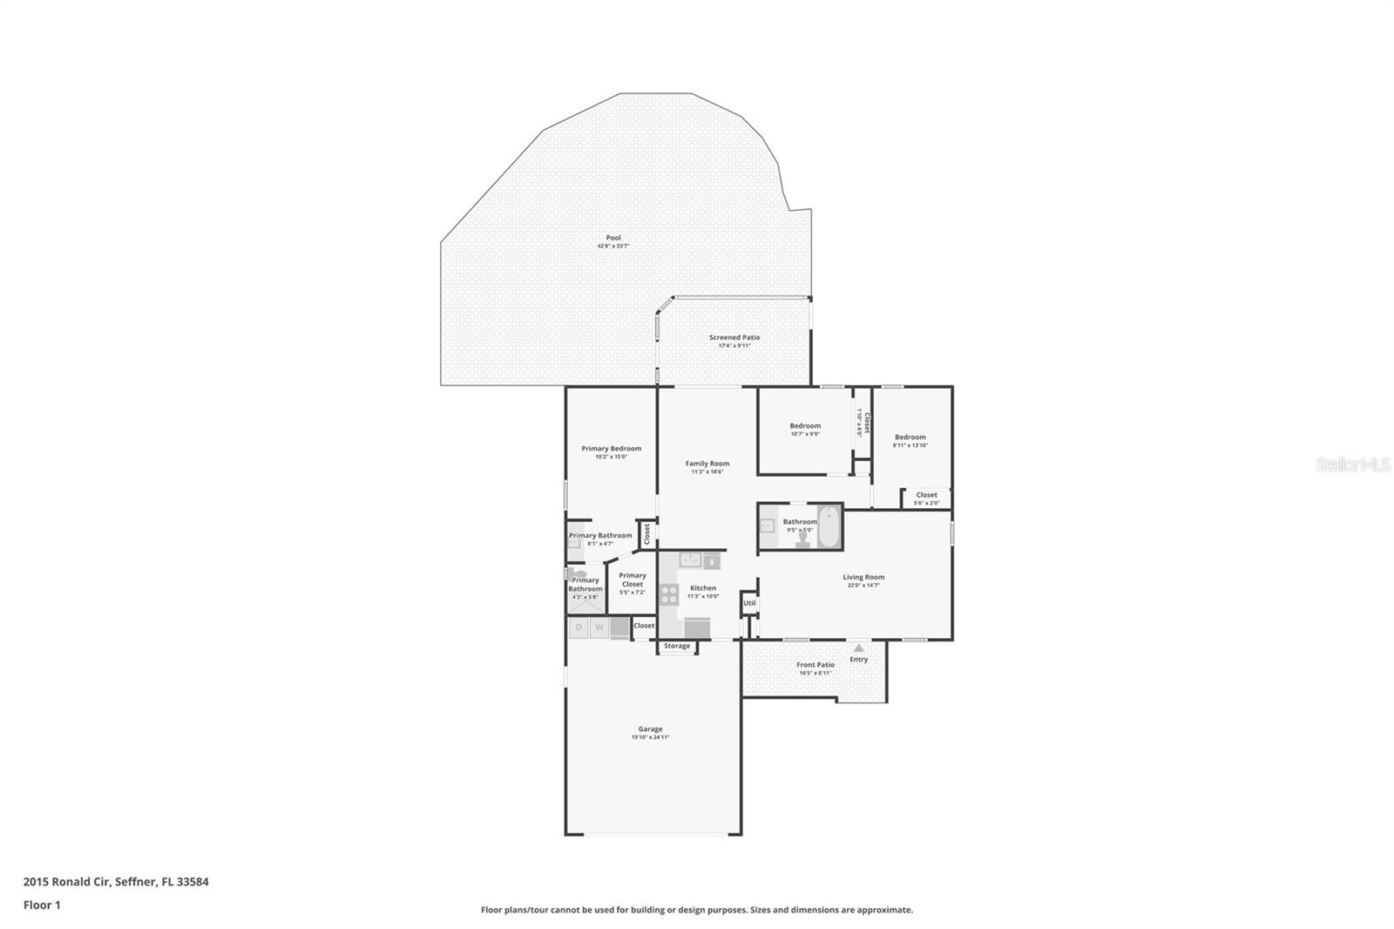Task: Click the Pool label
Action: (x=613, y=238)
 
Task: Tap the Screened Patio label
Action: (x=734, y=337)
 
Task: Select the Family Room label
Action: (x=707, y=464)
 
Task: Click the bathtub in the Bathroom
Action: (x=829, y=526)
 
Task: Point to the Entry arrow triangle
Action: (x=858, y=648)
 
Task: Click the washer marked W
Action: (x=599, y=627)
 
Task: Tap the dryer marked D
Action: (x=579, y=627)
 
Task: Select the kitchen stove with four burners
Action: (x=669, y=594)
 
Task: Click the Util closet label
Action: (x=748, y=603)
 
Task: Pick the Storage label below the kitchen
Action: (x=677, y=646)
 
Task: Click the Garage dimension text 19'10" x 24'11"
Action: (x=650, y=737)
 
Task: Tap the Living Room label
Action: (x=863, y=577)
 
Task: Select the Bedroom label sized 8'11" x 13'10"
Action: (x=910, y=437)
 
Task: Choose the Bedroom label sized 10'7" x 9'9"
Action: (x=804, y=425)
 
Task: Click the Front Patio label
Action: (x=815, y=665)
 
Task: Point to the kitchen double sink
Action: (x=692, y=559)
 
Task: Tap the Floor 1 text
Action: (x=42, y=905)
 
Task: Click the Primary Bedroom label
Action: (x=611, y=448)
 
